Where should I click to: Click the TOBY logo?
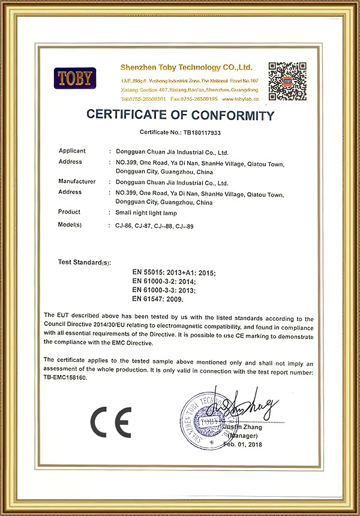click(75, 77)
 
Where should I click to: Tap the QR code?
click(287, 80)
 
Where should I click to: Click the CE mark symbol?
click(110, 422)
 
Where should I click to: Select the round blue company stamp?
click(207, 419)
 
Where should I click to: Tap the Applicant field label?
click(72, 151)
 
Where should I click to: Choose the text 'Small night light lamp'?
click(145, 213)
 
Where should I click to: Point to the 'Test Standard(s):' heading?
click(85, 262)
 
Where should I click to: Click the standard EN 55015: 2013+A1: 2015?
click(173, 273)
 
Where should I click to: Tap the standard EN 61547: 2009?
click(157, 298)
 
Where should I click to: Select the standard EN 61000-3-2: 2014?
click(164, 281)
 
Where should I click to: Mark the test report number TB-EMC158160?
click(65, 378)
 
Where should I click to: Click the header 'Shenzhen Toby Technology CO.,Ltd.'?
click(186, 67)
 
